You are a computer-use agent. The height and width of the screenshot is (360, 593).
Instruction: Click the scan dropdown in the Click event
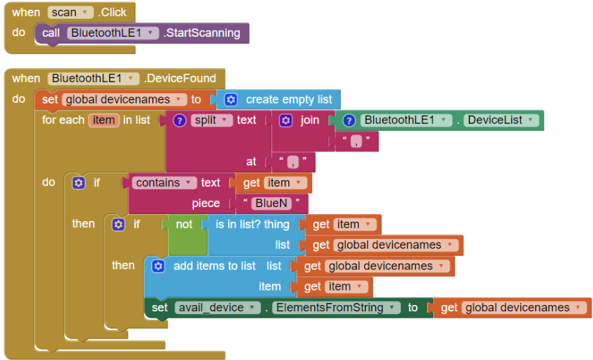[x=70, y=13]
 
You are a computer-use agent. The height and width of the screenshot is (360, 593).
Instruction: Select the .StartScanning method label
[x=202, y=33]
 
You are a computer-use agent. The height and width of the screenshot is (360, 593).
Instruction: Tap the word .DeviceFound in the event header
[x=180, y=79]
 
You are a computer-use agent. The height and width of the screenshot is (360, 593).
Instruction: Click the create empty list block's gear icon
[x=231, y=100]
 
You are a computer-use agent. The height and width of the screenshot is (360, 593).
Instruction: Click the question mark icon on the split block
[x=179, y=121]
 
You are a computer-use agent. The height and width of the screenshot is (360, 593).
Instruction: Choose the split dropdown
[x=212, y=120]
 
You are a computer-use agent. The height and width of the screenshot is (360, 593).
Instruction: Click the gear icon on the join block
[x=286, y=121]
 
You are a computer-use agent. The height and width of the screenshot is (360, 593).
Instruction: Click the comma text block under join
[x=356, y=142]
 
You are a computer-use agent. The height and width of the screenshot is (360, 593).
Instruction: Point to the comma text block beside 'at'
[x=293, y=162]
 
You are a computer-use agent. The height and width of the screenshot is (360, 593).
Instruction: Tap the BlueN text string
[x=272, y=204]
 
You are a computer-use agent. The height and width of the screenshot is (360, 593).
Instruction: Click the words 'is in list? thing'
[x=252, y=224]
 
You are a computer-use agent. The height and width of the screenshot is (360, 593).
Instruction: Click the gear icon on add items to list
[x=158, y=266]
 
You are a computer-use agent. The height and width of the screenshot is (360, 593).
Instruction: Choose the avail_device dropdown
[x=218, y=308]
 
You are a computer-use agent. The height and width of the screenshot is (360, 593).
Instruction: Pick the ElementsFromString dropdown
[x=336, y=308]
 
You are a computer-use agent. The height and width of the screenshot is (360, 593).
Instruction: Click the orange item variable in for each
[x=104, y=120]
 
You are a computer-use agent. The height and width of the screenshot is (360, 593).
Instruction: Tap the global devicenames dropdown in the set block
[x=124, y=100]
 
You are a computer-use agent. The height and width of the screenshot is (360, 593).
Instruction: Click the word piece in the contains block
[x=206, y=204]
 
